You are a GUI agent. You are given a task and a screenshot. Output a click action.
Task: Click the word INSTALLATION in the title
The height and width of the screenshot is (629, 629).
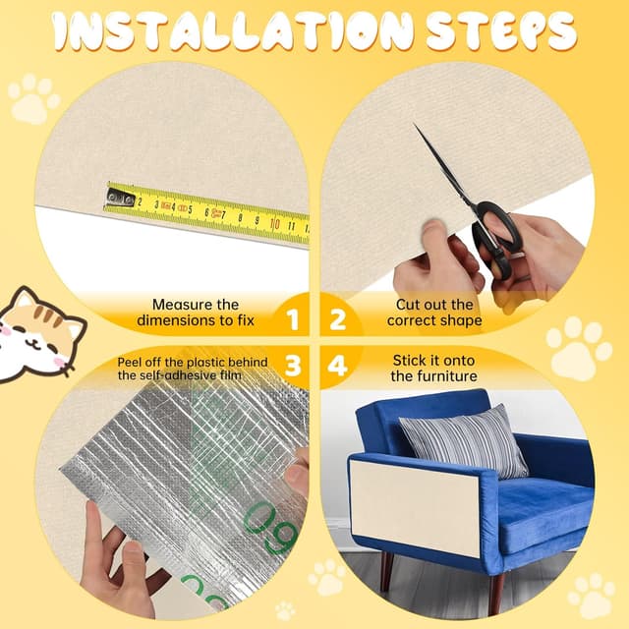pos(233,30)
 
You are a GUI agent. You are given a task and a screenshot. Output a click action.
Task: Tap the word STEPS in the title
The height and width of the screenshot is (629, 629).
pos(501,30)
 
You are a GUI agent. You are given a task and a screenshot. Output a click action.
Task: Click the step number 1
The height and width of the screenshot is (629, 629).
pos(293,319)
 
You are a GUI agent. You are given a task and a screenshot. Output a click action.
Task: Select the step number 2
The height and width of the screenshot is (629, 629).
pos(337,319)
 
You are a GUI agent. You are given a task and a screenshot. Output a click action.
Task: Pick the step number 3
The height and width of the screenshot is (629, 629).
pos(293,366)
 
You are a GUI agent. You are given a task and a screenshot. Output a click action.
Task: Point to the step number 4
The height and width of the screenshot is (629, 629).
pos(337,366)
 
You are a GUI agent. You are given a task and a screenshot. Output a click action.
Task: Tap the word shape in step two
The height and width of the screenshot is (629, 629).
pos(460,321)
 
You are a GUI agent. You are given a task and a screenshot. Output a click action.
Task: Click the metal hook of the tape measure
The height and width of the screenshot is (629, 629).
pos(120,198)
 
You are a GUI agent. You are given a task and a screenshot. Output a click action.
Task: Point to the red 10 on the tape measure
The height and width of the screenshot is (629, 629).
pos(275,224)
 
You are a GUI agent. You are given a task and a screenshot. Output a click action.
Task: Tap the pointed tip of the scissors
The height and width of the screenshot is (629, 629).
pos(415,124)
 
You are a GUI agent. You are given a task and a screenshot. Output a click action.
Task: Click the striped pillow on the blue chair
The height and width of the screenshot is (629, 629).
pos(464,441)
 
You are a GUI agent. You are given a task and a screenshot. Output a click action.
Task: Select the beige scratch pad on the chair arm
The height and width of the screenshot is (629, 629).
pos(415,508)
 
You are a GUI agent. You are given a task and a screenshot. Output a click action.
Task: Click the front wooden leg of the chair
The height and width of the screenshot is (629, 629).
pos(496,589)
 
